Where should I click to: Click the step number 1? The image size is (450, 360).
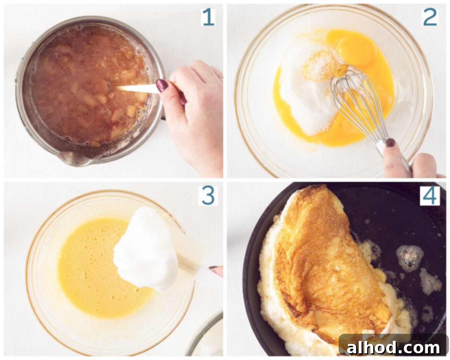tap(208, 17)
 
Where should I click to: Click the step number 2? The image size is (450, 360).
tap(430, 17)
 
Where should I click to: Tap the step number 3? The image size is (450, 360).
tap(208, 195)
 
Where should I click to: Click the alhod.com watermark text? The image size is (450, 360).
tap(393, 348)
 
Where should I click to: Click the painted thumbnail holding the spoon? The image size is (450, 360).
tap(162, 85)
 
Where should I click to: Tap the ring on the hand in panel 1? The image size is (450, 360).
tap(220, 77)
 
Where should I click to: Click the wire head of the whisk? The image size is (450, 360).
tap(355, 100)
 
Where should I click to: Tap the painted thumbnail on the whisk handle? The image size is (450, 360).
tap(390, 142)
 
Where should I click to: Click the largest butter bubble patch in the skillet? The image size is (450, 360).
tap(409, 258)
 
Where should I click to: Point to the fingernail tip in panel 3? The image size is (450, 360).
tap(213, 267)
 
